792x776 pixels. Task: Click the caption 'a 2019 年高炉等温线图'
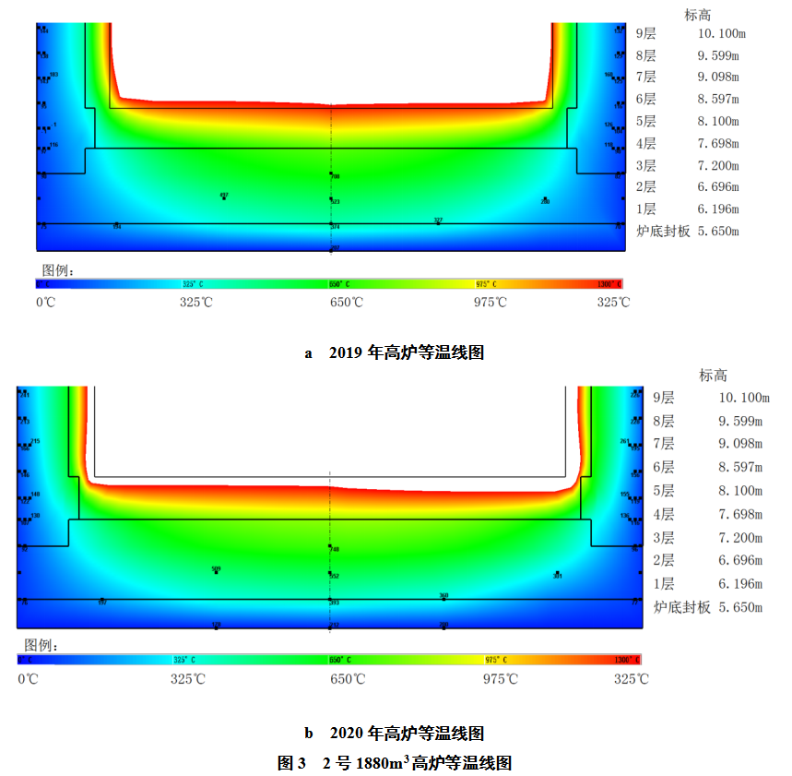pyautogui.click(x=395, y=352)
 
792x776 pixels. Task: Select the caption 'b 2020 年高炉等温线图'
pyautogui.click(x=395, y=734)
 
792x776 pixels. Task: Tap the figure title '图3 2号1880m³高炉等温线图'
pyautogui.click(x=395, y=763)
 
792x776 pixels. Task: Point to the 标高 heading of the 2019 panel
pyautogui.click(x=698, y=15)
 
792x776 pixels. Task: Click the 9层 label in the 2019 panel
pyautogui.click(x=646, y=33)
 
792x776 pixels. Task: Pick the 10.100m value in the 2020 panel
pyautogui.click(x=743, y=398)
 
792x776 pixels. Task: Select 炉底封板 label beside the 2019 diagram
pyautogui.click(x=661, y=232)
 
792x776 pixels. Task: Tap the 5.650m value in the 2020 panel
pyautogui.click(x=740, y=607)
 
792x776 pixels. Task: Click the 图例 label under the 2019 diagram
pyautogui.click(x=58, y=270)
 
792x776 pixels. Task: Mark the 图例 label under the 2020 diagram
pyautogui.click(x=41, y=645)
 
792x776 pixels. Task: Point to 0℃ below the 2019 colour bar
pyautogui.click(x=45, y=302)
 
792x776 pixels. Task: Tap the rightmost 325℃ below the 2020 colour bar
pyautogui.click(x=632, y=679)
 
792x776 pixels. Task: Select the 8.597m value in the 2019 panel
pyautogui.click(x=718, y=99)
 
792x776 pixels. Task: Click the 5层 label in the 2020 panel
pyautogui.click(x=664, y=491)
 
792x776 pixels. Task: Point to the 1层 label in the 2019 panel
pyautogui.click(x=646, y=209)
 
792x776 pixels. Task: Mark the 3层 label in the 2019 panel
pyautogui.click(x=646, y=166)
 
